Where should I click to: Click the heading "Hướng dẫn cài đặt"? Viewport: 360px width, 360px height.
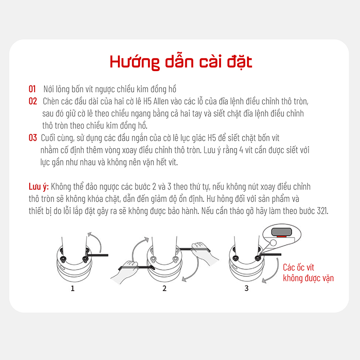tap(181, 62)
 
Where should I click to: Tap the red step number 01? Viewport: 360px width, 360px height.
tap(32, 89)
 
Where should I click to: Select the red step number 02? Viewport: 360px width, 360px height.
tap(32, 101)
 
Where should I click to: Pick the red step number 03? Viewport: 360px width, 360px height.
tap(32, 138)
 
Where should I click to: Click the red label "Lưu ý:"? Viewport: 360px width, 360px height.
tap(39, 187)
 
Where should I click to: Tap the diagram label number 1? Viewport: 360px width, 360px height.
tap(72, 288)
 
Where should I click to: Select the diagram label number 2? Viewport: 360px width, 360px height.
tap(164, 288)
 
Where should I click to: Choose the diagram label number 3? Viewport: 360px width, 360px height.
tap(247, 288)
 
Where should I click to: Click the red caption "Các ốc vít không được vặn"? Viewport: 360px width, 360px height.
tap(308, 273)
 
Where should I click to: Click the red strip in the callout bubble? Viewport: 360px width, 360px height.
tap(281, 236)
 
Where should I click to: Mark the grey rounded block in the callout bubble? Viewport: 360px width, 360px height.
tap(282, 232)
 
